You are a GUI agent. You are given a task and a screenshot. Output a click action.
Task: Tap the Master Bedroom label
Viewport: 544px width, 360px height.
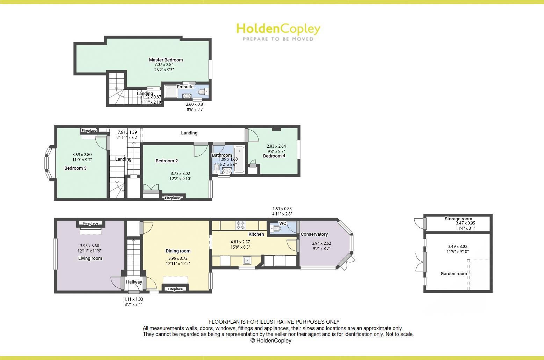pos(166,60)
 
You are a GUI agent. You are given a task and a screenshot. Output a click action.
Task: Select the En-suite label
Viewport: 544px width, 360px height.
pos(185,87)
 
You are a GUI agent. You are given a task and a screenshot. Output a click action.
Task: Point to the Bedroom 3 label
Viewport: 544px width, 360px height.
pos(75,168)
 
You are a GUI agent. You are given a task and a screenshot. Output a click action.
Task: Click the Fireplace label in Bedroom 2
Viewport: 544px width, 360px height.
pos(173,198)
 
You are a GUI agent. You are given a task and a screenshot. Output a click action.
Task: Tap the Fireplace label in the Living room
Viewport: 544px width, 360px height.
pos(90,223)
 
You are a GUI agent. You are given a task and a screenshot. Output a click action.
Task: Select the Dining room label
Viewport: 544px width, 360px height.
pos(178,251)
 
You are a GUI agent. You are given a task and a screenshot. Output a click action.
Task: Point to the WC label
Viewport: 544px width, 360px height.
pos(283,223)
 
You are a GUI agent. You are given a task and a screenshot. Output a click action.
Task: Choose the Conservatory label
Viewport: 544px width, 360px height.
pos(314,234)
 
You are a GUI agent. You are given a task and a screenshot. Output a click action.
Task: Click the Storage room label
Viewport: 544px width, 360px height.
pos(458,219)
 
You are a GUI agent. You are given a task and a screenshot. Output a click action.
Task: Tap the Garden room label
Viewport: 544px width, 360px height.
pos(454,274)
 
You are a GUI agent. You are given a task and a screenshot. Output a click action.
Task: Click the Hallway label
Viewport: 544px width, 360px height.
pos(134,282)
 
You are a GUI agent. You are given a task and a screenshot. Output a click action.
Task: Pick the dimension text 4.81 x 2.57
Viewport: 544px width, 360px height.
pos(240,242)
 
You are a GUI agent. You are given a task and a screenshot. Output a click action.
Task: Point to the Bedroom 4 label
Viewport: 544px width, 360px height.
pos(274,156)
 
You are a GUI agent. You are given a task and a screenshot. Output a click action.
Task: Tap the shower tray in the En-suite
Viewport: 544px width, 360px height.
pos(171,91)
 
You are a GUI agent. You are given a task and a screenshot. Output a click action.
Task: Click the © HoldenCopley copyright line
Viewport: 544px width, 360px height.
pos(271,340)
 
